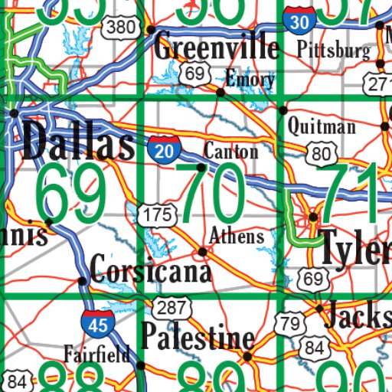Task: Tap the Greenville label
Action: tap(217, 47)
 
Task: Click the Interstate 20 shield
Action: tap(162, 149)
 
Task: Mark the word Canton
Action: tap(230, 151)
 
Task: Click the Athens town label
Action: tap(237, 235)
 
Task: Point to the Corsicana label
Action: tap(149, 270)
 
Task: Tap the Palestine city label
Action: tap(197, 337)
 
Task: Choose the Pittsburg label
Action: tap(333, 51)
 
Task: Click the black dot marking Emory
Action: tap(220, 93)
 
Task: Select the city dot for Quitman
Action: tap(283, 110)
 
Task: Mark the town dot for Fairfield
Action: tap(139, 365)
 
